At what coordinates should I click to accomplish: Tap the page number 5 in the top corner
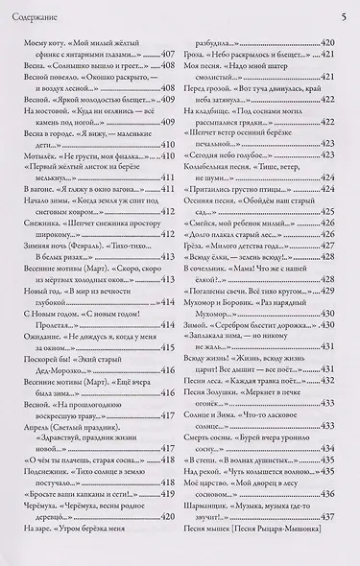coord(343,15)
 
